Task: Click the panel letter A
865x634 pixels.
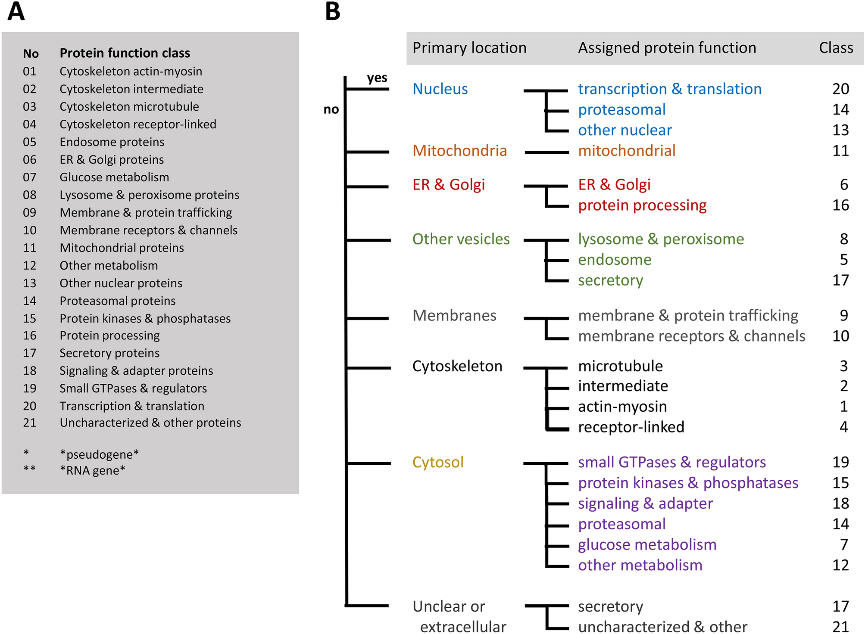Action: pyautogui.click(x=16, y=12)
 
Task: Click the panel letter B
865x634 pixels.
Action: pyautogui.click(x=332, y=12)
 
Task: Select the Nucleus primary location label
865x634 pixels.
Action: pyautogui.click(x=440, y=89)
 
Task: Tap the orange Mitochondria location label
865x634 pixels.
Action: pyautogui.click(x=459, y=151)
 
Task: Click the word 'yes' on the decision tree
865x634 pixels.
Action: pyautogui.click(x=377, y=78)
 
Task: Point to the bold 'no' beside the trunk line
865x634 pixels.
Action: pyautogui.click(x=331, y=109)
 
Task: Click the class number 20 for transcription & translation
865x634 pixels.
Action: pyautogui.click(x=840, y=89)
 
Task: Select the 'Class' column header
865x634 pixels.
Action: pyautogui.click(x=836, y=48)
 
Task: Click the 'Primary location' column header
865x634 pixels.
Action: pyautogui.click(x=469, y=48)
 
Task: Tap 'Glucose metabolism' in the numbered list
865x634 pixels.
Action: pyautogui.click(x=114, y=177)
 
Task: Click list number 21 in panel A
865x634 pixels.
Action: pyautogui.click(x=30, y=423)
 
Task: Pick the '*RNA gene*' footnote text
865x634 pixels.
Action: pyautogui.click(x=93, y=470)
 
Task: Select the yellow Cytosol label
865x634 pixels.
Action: pyautogui.click(x=437, y=462)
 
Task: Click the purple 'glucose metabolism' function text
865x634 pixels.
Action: pyautogui.click(x=646, y=545)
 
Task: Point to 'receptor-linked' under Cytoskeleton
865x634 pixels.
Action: pyautogui.click(x=631, y=427)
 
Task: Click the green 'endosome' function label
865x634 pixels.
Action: pyautogui.click(x=614, y=260)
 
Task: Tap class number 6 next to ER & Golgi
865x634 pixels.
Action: pyautogui.click(x=843, y=185)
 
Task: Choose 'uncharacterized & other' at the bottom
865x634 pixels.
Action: pyautogui.click(x=662, y=627)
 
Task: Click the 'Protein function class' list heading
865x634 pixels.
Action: pyautogui.click(x=125, y=53)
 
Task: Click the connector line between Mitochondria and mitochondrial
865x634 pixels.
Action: pyautogui.click(x=546, y=152)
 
